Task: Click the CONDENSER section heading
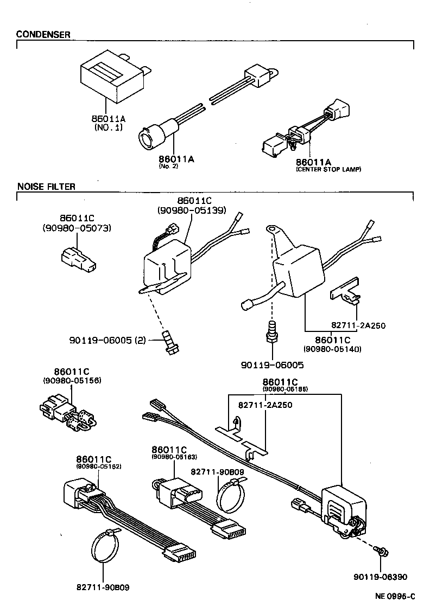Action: pyautogui.click(x=43, y=35)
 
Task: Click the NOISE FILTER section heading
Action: pyautogui.click(x=46, y=187)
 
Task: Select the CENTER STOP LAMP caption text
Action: pyautogui.click(x=328, y=170)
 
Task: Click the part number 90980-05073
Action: pyautogui.click(x=77, y=228)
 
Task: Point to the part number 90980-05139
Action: pyautogui.click(x=192, y=210)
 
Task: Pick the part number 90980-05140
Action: pyautogui.click(x=332, y=349)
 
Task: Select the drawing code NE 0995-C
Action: pyautogui.click(x=395, y=597)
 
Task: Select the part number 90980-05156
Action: pyautogui.click(x=72, y=380)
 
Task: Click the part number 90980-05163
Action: pyautogui.click(x=174, y=457)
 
